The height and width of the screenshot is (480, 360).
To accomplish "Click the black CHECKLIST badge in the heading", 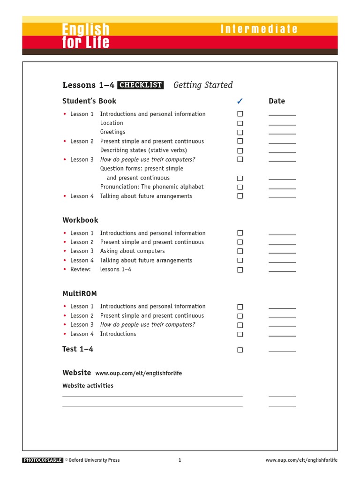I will pos(140,85).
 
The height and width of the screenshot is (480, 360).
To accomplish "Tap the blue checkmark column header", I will pos(240,101).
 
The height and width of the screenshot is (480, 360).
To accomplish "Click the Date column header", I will pos(277,101).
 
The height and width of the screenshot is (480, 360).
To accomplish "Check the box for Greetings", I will pos(240,133).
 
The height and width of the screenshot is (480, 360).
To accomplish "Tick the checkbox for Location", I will pos(240,123).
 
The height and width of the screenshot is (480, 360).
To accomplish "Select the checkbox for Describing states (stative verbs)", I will pos(240,151).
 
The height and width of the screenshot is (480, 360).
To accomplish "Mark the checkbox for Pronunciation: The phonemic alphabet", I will pos(240,187).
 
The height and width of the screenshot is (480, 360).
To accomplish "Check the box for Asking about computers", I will pos(240,251).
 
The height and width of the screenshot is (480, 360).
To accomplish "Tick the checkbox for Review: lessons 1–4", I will pos(240,270).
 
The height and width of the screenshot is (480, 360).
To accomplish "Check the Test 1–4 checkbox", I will pos(240,350).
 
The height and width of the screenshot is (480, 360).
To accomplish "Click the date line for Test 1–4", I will pos(282,351).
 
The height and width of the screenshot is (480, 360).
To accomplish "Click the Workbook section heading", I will pos(80,220).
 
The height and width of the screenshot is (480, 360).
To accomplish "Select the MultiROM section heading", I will pos(80,294).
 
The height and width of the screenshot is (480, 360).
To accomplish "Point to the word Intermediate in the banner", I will pos(259,29).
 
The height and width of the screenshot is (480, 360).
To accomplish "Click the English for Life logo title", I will pos(86,36).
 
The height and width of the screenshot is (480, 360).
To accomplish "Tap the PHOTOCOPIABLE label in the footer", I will pos(43,460).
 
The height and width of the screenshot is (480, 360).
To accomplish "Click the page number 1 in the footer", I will pos(180,460).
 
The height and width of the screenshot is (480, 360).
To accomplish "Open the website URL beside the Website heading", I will pos(138,374).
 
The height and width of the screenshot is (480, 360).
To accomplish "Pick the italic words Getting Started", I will pos(203,85).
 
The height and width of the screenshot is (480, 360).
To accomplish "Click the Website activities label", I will pos(88,386).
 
